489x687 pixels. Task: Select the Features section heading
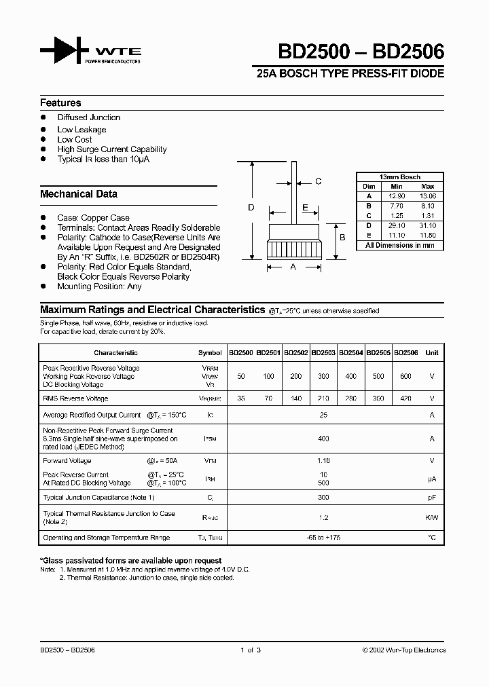[x=60, y=103]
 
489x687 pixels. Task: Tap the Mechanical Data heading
[x=78, y=194]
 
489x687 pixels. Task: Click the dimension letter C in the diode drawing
[x=318, y=181]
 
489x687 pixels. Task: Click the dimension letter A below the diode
[x=293, y=267]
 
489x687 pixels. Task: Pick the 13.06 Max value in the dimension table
[x=428, y=195]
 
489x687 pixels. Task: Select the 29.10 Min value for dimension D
[x=397, y=225]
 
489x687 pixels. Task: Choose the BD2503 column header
[x=323, y=353]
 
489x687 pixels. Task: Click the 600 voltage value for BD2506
[x=406, y=376]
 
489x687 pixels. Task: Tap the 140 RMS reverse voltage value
[x=296, y=398]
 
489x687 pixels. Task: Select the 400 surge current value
[x=323, y=439]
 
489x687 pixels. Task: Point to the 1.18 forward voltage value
[x=323, y=460]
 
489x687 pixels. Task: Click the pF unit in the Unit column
[x=431, y=498]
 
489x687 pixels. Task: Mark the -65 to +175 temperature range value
[x=323, y=538]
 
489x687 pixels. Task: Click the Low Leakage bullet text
[x=81, y=130]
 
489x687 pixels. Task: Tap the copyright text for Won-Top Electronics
[x=403, y=650]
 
